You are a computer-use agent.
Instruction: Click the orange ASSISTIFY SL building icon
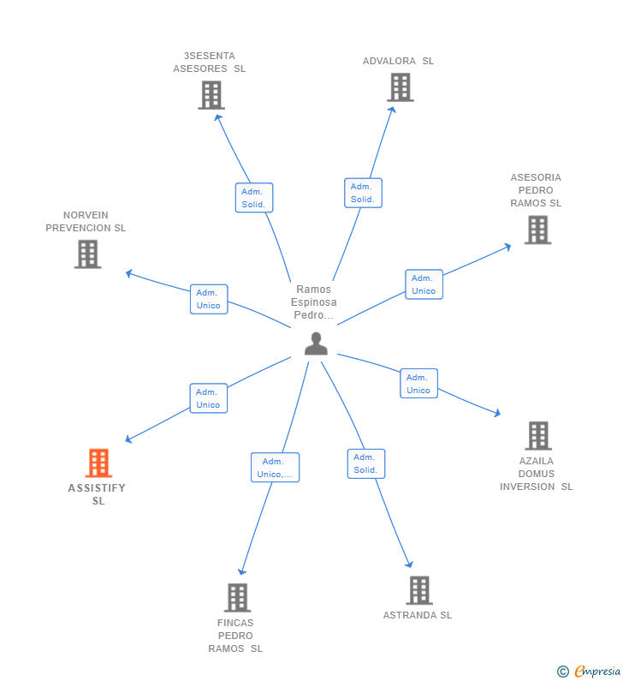pos(98,463)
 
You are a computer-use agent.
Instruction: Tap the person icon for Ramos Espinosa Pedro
pos(316,343)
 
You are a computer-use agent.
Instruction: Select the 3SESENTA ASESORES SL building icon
pos(211,95)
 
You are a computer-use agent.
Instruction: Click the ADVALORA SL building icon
pos(400,87)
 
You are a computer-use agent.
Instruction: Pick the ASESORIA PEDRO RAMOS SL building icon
pos(537,230)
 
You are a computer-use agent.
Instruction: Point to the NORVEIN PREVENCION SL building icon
pos(87,254)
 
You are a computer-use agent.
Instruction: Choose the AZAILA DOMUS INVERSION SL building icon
pos(537,435)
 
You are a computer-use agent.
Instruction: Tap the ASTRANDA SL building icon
pos(418,590)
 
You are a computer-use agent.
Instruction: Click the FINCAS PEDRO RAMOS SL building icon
pos(237,597)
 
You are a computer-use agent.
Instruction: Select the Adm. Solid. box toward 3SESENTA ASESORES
pos(254,198)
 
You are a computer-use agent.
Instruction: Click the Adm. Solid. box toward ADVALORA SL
pos(363,193)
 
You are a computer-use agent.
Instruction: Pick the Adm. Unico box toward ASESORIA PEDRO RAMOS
pos(424,284)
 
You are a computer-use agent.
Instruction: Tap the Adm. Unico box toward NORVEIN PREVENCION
pos(209,299)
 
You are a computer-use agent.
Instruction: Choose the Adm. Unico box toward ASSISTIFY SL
pos(209,398)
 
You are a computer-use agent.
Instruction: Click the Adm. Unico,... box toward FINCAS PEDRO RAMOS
pos(275,468)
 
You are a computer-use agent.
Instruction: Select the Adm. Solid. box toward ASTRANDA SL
pos(366,463)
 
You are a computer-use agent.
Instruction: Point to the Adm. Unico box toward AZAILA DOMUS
pos(418,384)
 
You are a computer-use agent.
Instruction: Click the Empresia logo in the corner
pos(590,672)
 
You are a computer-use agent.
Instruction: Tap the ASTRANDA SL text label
pos(418,615)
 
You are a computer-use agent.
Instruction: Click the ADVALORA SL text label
pos(398,61)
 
